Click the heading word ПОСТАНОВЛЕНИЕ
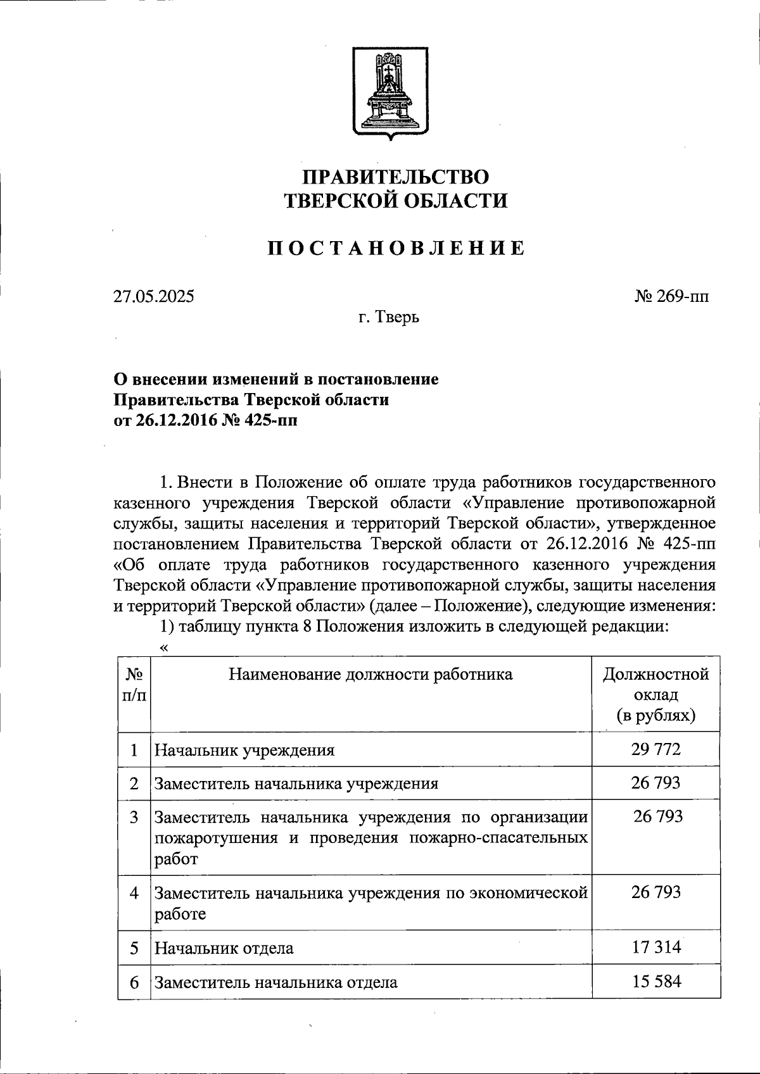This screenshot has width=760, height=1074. [396, 248]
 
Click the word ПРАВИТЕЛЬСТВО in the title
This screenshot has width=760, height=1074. [396, 177]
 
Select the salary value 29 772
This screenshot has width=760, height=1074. [655, 750]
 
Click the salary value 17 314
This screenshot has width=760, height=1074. [655, 947]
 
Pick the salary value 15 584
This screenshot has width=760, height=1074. [655, 982]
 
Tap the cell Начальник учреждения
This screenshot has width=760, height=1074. [244, 751]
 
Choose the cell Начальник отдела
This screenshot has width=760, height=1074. [224, 948]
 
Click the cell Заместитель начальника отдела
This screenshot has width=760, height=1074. [276, 983]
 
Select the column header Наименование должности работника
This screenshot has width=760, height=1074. [370, 675]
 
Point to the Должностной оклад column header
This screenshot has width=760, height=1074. [655, 694]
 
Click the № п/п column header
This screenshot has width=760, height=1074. [134, 685]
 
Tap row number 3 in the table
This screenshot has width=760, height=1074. [134, 817]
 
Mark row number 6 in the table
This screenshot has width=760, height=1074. [134, 983]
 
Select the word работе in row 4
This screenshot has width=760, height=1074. [180, 914]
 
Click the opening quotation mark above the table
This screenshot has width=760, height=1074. [165, 647]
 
